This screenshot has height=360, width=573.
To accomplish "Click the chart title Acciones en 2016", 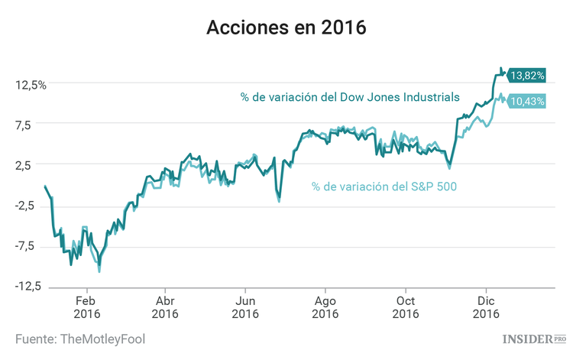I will click(x=286, y=28).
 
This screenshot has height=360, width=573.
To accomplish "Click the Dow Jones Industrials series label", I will click(x=350, y=97).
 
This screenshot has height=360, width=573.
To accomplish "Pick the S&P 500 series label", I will click(x=384, y=186).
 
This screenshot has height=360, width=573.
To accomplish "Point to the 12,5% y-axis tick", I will click(x=31, y=84).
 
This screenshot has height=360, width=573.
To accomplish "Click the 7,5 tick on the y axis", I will click(x=36, y=125).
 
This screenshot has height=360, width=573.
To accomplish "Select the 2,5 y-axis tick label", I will click(x=36, y=164).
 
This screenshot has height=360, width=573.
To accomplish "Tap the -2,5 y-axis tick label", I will click(x=34, y=205).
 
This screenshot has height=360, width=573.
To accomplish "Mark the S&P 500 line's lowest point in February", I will click(x=99, y=271).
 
